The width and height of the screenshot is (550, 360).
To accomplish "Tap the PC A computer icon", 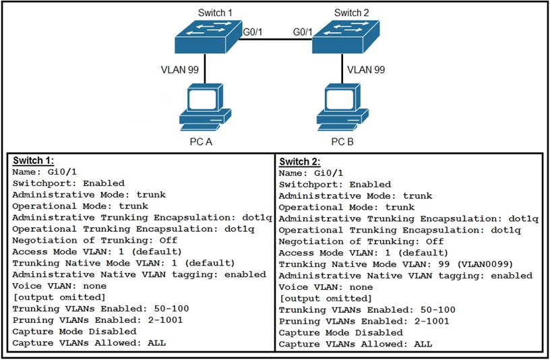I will (205, 108).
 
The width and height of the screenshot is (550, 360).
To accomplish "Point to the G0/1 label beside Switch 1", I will (252, 32).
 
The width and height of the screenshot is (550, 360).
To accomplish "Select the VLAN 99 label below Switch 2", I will (366, 69).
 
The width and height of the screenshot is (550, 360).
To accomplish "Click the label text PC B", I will (342, 142).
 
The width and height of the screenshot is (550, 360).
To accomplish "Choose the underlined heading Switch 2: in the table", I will (301, 162).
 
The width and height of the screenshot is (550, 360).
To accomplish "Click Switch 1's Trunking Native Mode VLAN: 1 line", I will (123, 263).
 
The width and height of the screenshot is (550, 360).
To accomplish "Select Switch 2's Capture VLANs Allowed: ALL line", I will (355, 344).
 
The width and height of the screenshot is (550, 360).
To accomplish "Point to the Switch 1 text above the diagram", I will (215, 13).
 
